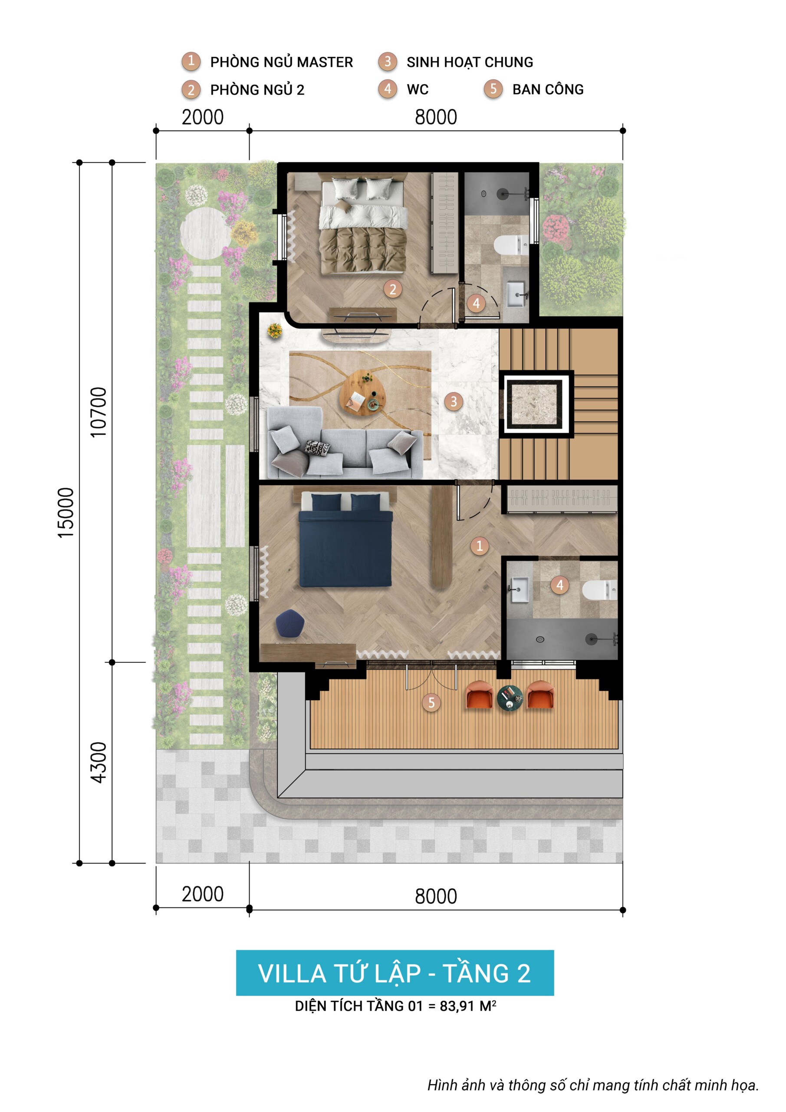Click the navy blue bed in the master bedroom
345,540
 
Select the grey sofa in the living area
345,441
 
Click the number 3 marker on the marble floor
454,401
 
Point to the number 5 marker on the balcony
431,702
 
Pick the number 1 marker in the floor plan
480,546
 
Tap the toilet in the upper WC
511,245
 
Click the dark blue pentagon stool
290,623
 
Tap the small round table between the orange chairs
510,698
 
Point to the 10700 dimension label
99,412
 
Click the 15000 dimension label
66,513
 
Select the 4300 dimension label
99,762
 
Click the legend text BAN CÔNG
548,89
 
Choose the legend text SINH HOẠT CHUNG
470,62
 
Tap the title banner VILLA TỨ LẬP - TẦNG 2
395,973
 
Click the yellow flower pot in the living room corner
275,331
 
